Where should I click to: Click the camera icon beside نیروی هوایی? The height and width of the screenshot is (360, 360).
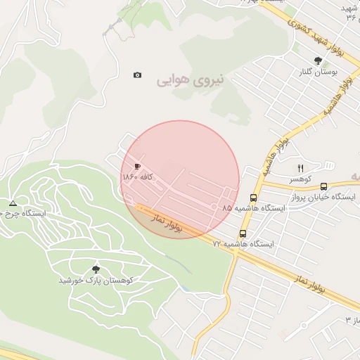coord(137,75)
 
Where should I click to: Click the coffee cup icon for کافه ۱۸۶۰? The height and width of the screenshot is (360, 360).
coord(136,166)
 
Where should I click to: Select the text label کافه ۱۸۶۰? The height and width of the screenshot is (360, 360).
coord(138,176)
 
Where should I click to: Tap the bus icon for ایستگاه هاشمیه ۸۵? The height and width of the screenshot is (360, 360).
coord(254,198)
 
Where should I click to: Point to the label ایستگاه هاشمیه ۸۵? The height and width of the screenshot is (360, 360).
coord(255,209)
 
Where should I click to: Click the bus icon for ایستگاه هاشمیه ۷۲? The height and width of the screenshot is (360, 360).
coord(243,233)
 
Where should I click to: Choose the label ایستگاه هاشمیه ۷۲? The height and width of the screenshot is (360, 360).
coord(243,244)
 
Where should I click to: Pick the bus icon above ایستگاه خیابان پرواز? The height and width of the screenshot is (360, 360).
coord(323,186)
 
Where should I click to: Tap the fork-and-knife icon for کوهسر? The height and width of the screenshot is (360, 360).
coord(300,168)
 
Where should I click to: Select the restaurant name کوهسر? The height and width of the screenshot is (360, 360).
coord(300,179)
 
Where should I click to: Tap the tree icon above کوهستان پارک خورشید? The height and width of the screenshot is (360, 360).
coord(96,269)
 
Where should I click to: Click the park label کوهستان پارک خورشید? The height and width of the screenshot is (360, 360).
coord(96,280)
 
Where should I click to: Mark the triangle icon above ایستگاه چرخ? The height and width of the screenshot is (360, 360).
coord(13,203)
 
